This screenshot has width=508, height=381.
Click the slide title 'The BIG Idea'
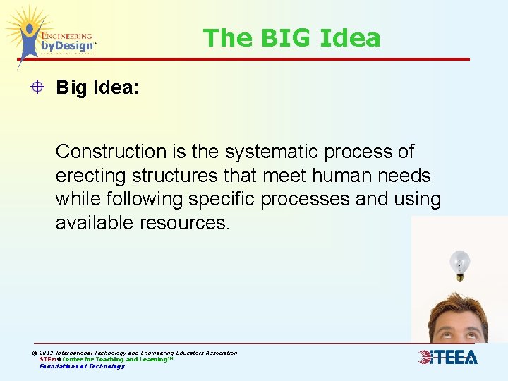coord(291,37)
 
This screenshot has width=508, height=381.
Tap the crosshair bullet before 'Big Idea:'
coord(38,87)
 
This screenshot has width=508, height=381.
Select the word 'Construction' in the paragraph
coord(110,152)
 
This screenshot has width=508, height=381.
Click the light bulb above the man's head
coord(460,264)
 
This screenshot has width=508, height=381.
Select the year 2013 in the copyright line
coord(47,353)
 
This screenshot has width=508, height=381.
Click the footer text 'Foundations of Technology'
coord(82,366)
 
